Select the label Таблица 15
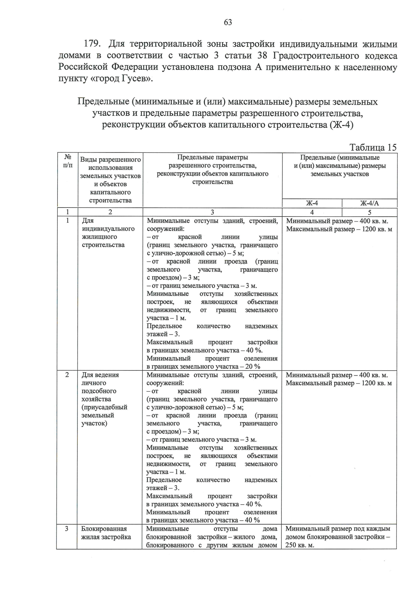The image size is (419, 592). click(x=373, y=147)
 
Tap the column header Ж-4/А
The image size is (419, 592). click(x=369, y=203)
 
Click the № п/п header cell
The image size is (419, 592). click(x=68, y=161)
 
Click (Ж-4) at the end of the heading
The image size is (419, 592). click(x=341, y=125)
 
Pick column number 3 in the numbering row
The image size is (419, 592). click(x=212, y=212)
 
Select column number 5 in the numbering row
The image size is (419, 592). click(x=369, y=212)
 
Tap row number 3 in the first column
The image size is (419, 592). click(x=67, y=529)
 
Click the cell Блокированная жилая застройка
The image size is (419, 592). click(x=106, y=533)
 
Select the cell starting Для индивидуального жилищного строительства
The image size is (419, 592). click(x=108, y=233)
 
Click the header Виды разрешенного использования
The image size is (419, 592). click(x=110, y=164)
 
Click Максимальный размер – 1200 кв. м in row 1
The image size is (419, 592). click(x=339, y=229)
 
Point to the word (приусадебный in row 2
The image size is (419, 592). click(x=104, y=407)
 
